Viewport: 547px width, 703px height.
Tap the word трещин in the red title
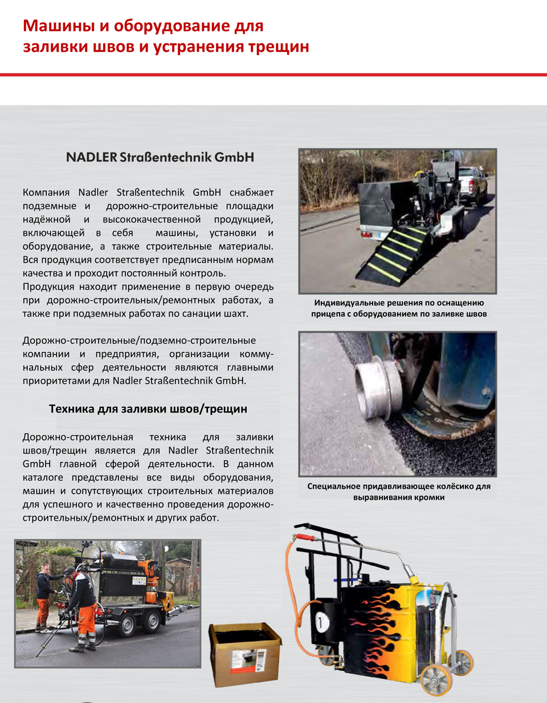278,47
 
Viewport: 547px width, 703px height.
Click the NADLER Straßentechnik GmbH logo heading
160,157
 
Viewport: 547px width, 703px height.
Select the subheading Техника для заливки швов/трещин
148,408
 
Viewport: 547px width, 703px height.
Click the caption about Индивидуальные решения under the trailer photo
399,308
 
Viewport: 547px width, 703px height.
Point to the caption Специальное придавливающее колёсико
399,491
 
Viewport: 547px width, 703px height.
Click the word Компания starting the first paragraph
46,193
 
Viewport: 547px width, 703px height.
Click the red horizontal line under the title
273,75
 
